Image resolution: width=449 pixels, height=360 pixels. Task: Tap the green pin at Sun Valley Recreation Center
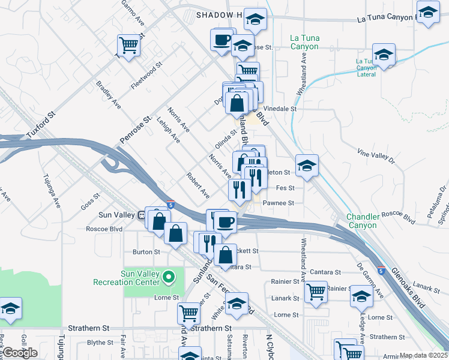tap(169, 277)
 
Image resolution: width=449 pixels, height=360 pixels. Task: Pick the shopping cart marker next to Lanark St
tap(316, 292)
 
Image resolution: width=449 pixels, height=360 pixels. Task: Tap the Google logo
tap(20, 352)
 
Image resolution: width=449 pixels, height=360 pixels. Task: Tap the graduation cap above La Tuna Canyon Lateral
tap(384, 55)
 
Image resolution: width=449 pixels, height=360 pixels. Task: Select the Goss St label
tap(91, 203)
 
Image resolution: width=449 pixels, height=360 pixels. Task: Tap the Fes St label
tap(285, 188)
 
